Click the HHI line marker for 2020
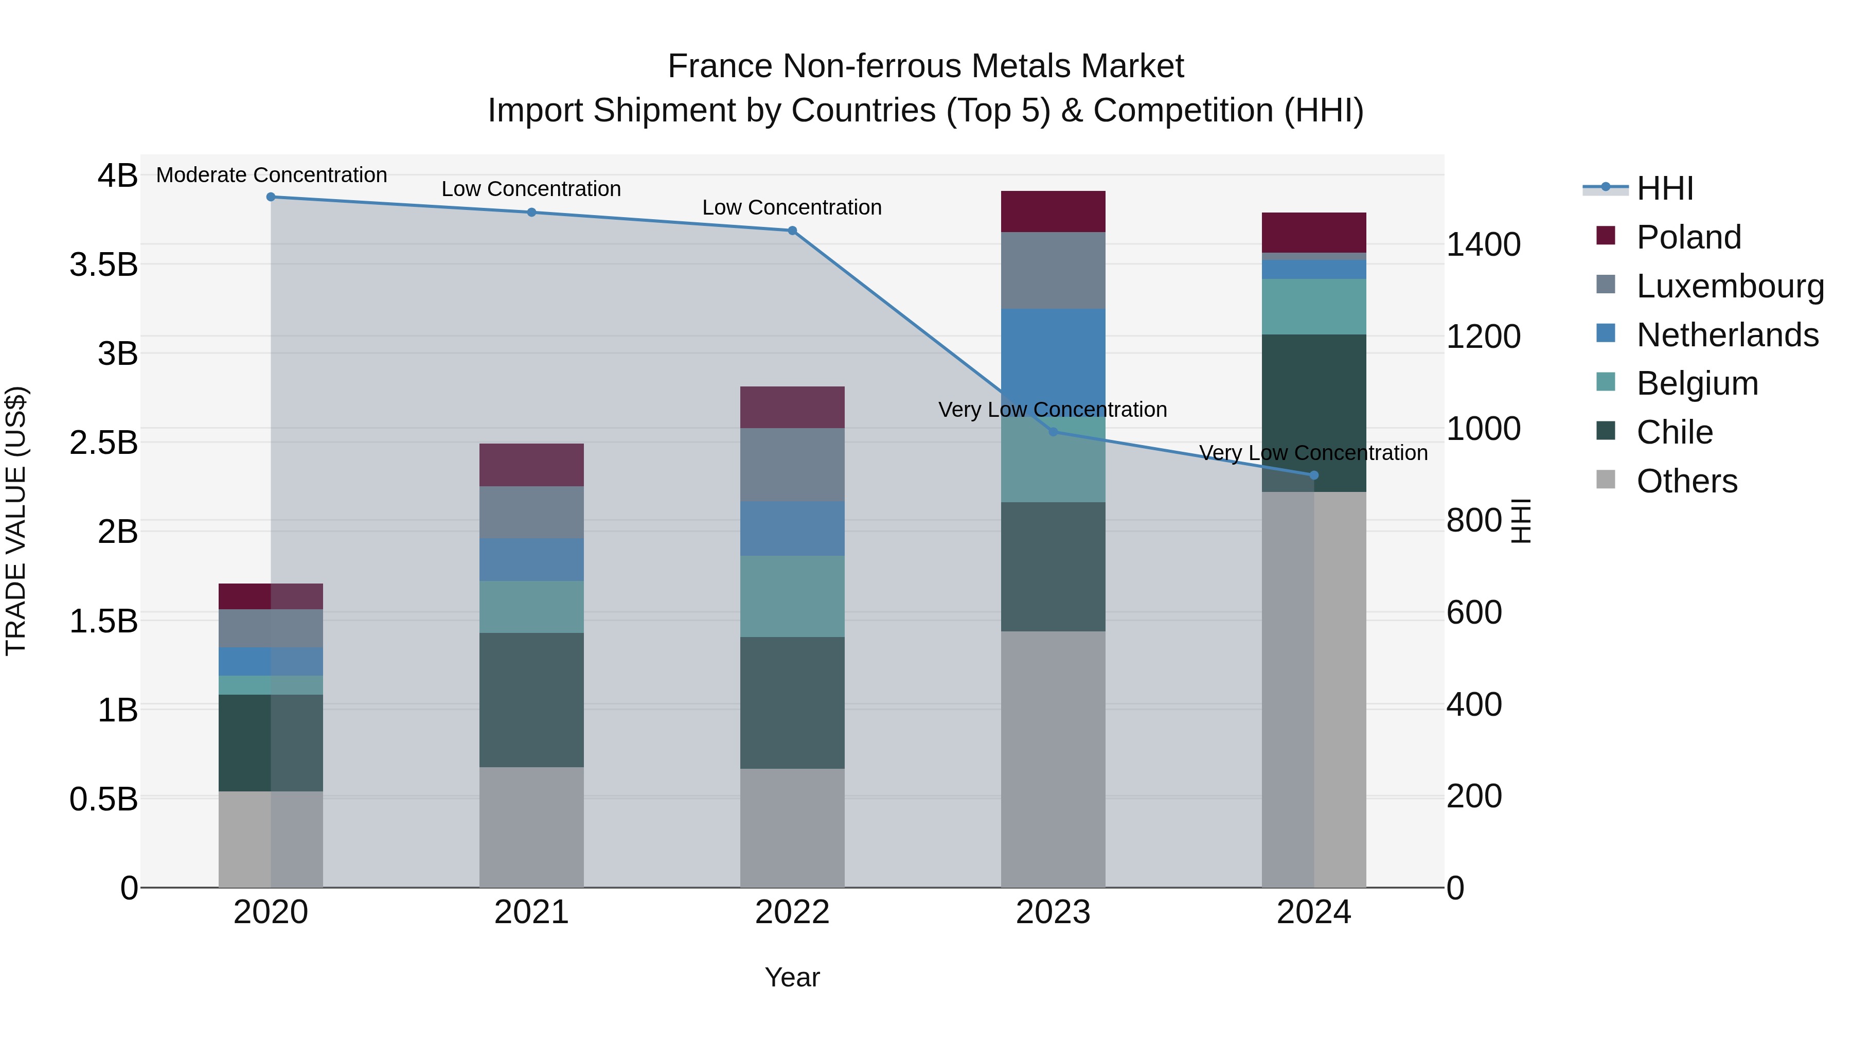[x=271, y=197]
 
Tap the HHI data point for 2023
[x=1053, y=432]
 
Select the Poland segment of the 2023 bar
[x=1053, y=211]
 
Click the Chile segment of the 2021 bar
[x=531, y=700]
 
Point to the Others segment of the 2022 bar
[x=792, y=828]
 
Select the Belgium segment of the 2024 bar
[x=1314, y=306]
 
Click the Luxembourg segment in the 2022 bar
[x=792, y=465]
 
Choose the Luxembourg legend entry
[x=1729, y=286]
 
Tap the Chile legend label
[x=1675, y=432]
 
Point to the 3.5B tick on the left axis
[x=103, y=264]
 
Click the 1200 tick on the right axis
[x=1483, y=337]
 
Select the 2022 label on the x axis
[x=792, y=912]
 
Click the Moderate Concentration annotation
[x=271, y=175]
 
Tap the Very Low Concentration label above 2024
[x=1313, y=453]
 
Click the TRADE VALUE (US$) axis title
[x=16, y=521]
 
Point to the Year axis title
[x=792, y=977]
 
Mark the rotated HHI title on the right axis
[x=1521, y=521]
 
